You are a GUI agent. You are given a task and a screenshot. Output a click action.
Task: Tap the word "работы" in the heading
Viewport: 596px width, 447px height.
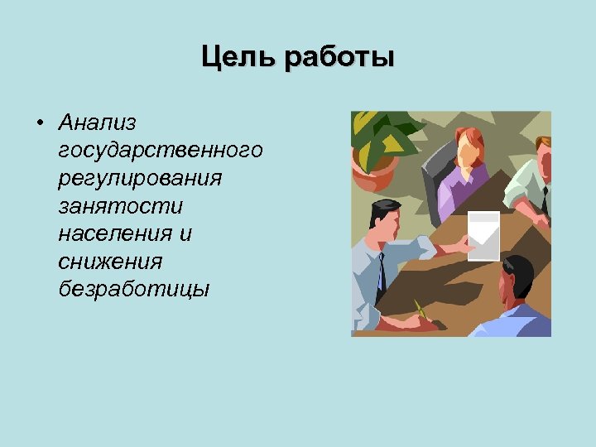(x=339, y=59)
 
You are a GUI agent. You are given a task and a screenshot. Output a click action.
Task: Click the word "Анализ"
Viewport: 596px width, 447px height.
(x=98, y=123)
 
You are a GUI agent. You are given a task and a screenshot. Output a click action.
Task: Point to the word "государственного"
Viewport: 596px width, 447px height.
(x=161, y=151)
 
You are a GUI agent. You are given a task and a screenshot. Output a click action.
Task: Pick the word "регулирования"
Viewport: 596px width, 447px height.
(x=140, y=178)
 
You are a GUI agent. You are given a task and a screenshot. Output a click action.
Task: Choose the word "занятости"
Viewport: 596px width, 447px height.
(x=120, y=206)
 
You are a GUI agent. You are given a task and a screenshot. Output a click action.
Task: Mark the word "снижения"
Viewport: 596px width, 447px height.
(x=110, y=262)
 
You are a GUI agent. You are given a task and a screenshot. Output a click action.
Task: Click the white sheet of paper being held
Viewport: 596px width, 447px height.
(x=483, y=234)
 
